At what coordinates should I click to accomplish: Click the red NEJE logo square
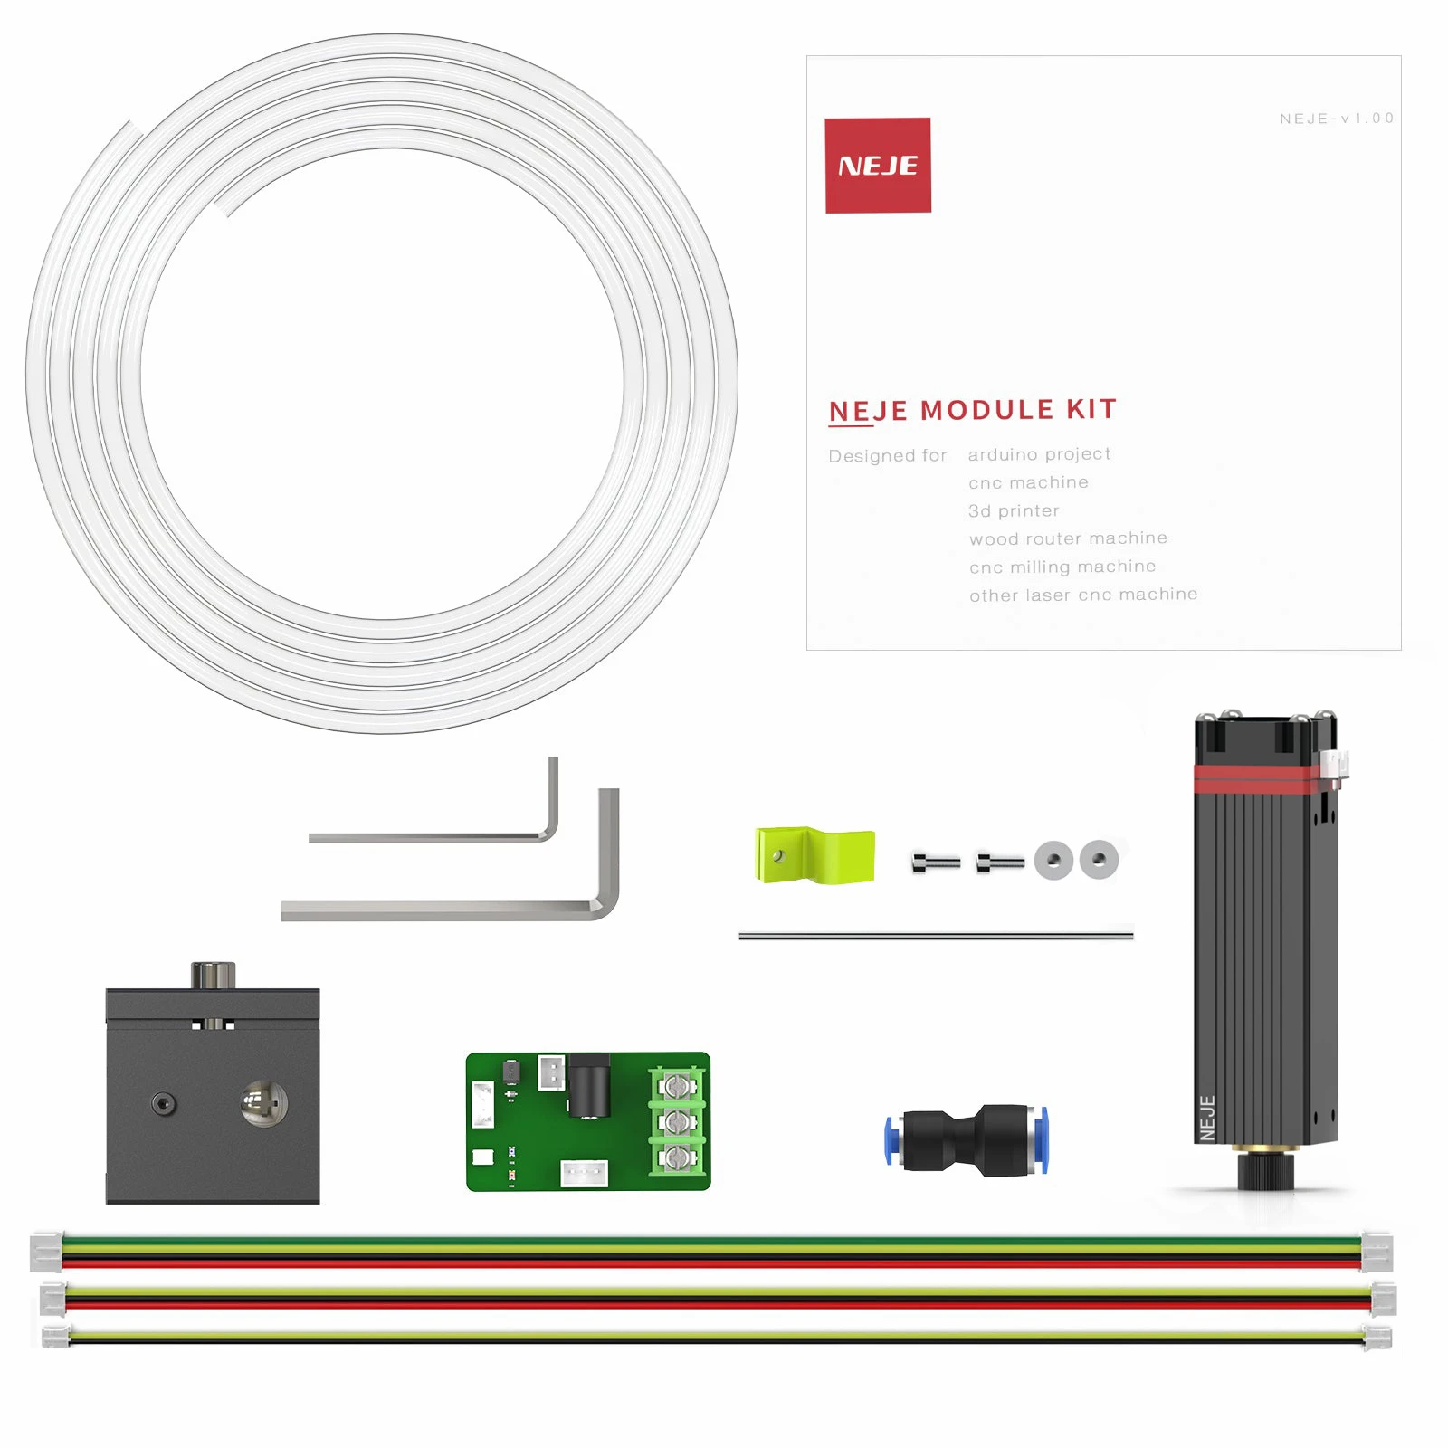pos(878,166)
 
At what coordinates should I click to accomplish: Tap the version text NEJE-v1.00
pos(1337,119)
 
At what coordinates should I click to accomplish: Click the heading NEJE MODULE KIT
pos(972,410)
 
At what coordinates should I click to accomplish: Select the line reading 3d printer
pos(1014,511)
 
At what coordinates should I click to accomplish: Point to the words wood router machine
pos(1068,538)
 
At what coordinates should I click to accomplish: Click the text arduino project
pos(1039,454)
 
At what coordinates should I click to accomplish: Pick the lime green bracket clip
pos(814,854)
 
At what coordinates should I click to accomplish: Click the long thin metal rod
pos(936,936)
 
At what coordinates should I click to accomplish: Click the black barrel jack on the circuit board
pos(588,1086)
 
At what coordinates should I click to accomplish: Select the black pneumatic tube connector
pos(967,1140)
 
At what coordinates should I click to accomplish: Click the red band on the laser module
pos(1258,778)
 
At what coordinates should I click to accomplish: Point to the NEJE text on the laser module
pos(1206,1119)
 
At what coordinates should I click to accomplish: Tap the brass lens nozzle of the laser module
pos(1265,1150)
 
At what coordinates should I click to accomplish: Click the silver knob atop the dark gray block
pos(214,976)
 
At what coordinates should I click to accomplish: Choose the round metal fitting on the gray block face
pos(263,1102)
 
